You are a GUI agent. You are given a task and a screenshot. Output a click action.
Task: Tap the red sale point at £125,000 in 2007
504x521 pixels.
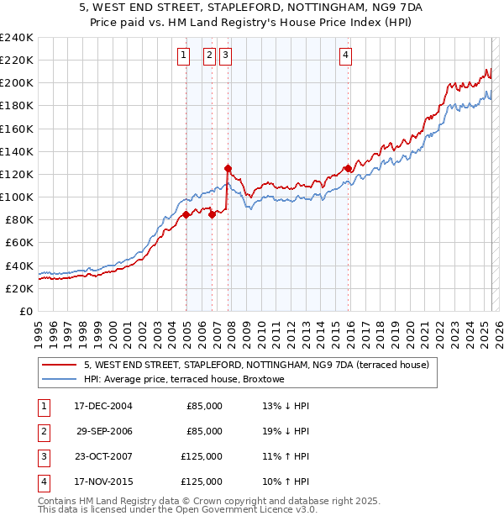(228, 168)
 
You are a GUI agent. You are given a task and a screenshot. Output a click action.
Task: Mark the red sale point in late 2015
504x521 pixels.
(348, 168)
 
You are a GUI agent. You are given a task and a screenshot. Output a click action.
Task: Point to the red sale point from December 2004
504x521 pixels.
(186, 214)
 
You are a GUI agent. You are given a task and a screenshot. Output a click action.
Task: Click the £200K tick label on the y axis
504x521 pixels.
(17, 83)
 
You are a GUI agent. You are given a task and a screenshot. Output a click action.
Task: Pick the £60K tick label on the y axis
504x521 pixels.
(19, 243)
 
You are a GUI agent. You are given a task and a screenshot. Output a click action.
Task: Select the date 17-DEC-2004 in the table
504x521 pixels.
(103, 405)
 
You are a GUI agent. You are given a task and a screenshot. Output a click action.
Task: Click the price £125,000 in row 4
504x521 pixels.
(202, 482)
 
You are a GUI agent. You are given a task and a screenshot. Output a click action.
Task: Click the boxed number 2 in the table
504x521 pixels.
(43, 431)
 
